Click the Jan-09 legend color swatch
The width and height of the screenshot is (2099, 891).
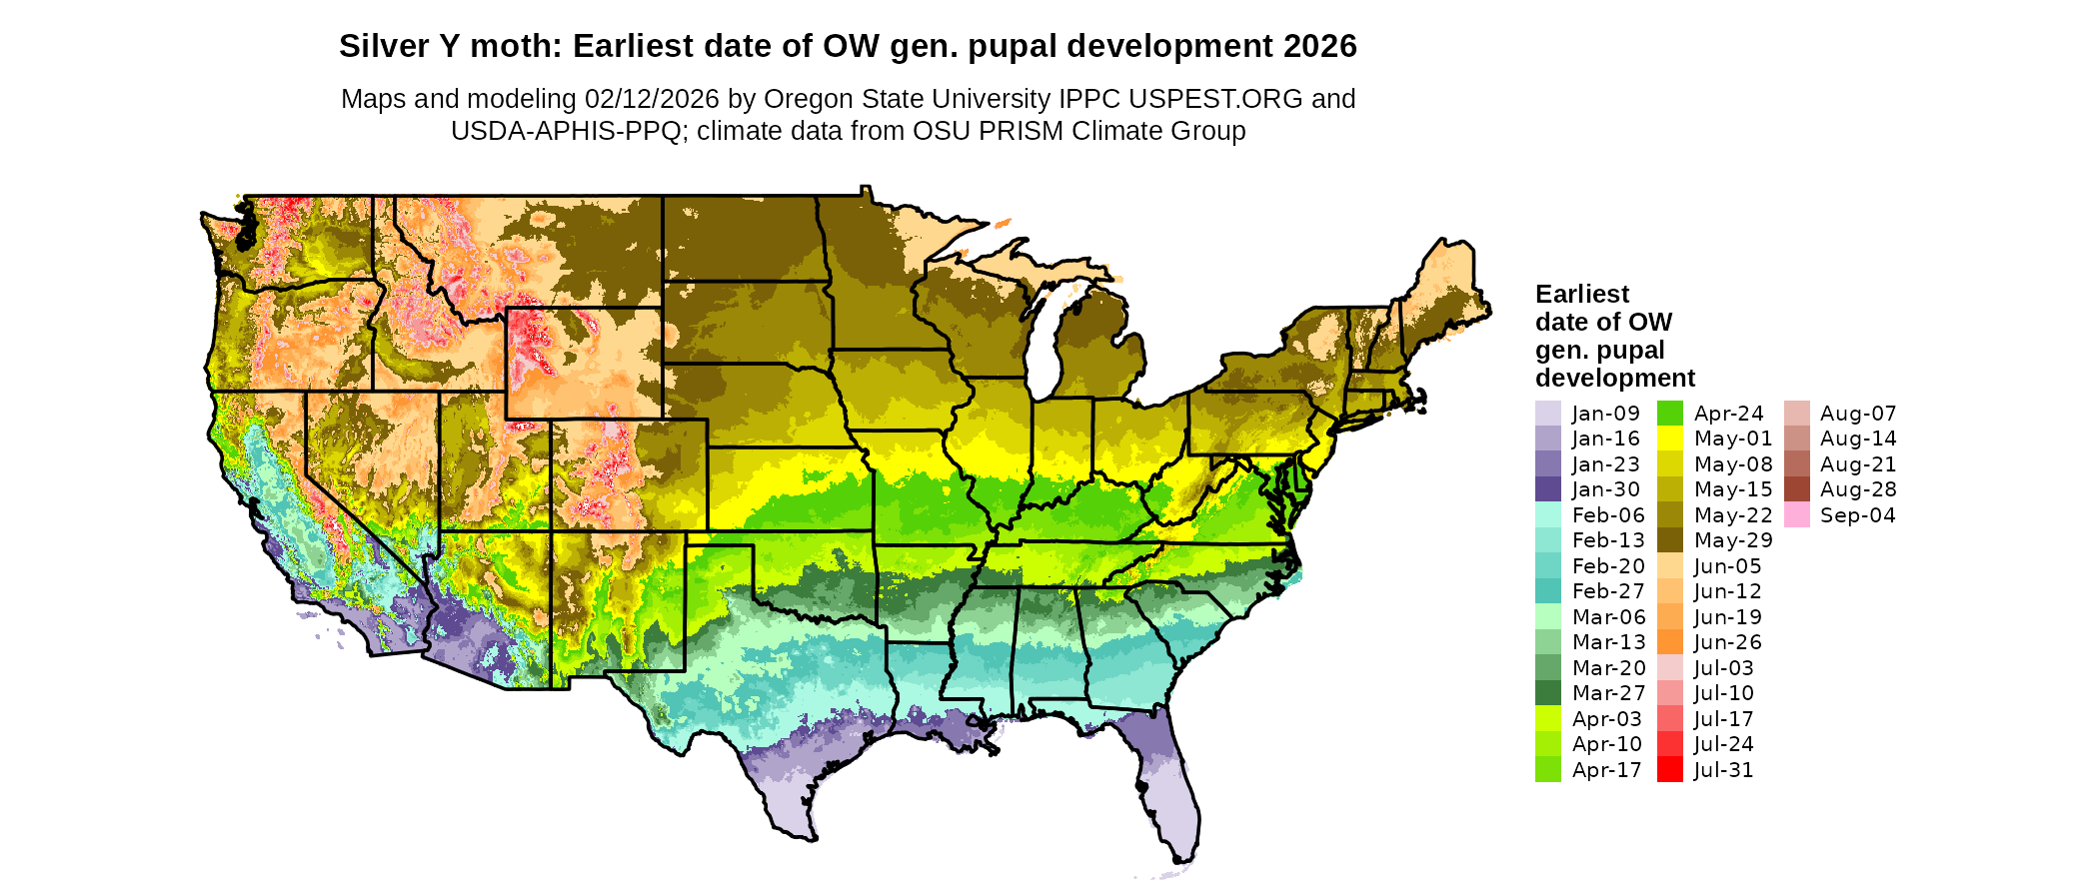(x=1547, y=414)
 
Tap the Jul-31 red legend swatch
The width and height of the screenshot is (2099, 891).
(x=1670, y=770)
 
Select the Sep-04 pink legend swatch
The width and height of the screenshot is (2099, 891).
(x=1796, y=515)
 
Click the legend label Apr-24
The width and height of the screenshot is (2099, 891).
(x=1728, y=414)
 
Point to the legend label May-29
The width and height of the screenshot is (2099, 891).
(x=1733, y=540)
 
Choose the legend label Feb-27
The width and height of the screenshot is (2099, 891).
(x=1607, y=591)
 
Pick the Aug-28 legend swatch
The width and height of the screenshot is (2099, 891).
(x=1796, y=489)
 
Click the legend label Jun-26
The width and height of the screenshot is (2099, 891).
(x=1727, y=642)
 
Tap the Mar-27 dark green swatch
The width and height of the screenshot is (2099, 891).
(x=1547, y=693)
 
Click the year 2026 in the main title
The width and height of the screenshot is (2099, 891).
(x=1320, y=46)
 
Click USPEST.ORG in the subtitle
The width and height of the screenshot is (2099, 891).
(x=1215, y=99)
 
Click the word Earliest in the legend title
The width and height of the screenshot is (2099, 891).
(x=1581, y=295)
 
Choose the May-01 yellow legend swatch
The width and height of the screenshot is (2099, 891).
(x=1670, y=439)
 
